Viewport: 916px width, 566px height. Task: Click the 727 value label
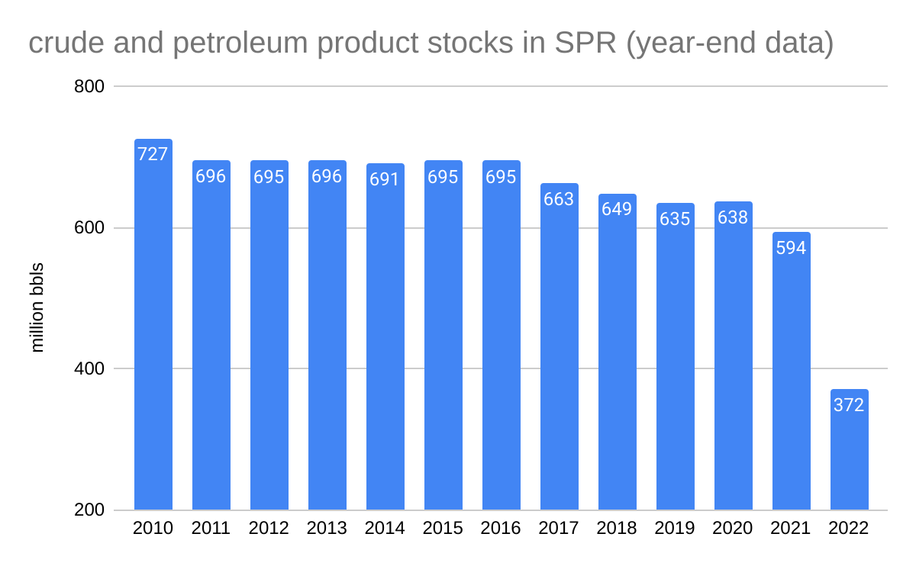pyautogui.click(x=153, y=154)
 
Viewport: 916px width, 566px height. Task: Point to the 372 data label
pyautogui.click(x=850, y=405)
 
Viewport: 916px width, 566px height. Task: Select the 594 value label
pyautogui.click(x=792, y=248)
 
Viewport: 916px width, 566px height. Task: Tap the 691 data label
pyautogui.click(x=385, y=179)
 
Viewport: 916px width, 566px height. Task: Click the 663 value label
pyautogui.click(x=560, y=199)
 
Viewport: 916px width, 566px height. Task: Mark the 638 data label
pyautogui.click(x=734, y=217)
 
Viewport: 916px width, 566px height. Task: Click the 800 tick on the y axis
pyautogui.click(x=89, y=87)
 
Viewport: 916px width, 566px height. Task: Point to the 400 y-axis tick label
pyautogui.click(x=89, y=369)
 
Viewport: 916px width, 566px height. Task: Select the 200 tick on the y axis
pyautogui.click(x=89, y=510)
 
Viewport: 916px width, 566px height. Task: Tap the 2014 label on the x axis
pyautogui.click(x=385, y=529)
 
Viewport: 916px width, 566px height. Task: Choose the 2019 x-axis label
pyautogui.click(x=676, y=529)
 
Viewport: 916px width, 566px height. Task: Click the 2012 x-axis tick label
pyautogui.click(x=269, y=529)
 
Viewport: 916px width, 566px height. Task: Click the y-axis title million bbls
pyautogui.click(x=37, y=307)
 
